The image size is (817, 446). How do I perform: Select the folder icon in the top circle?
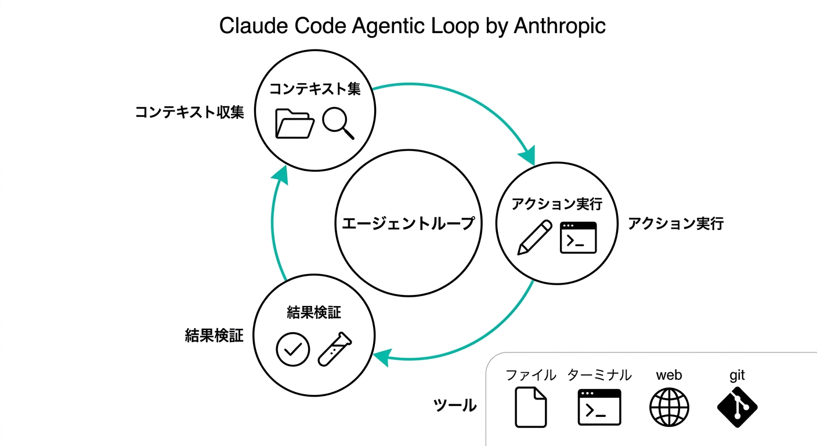pos(294,123)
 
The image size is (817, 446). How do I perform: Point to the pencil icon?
pos(534,237)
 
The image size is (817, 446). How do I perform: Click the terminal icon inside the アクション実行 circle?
pos(578,238)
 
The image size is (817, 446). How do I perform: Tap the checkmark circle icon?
pos(293,349)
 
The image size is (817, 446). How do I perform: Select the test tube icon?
pos(335,349)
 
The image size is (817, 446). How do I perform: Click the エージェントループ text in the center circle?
pos(408,223)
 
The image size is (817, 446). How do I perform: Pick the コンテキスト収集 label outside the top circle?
pos(189,112)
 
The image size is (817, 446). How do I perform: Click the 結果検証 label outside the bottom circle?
pos(214,335)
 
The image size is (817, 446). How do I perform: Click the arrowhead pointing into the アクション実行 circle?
pos(527,156)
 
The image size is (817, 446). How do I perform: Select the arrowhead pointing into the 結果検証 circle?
pos(381,357)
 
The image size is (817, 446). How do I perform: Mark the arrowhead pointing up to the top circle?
pos(281,172)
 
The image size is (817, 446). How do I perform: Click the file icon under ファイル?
pos(531,407)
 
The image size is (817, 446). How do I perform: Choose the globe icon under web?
pos(669,407)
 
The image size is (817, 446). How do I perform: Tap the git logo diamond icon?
pos(738,407)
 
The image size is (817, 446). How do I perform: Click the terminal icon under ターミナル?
pos(599,407)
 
